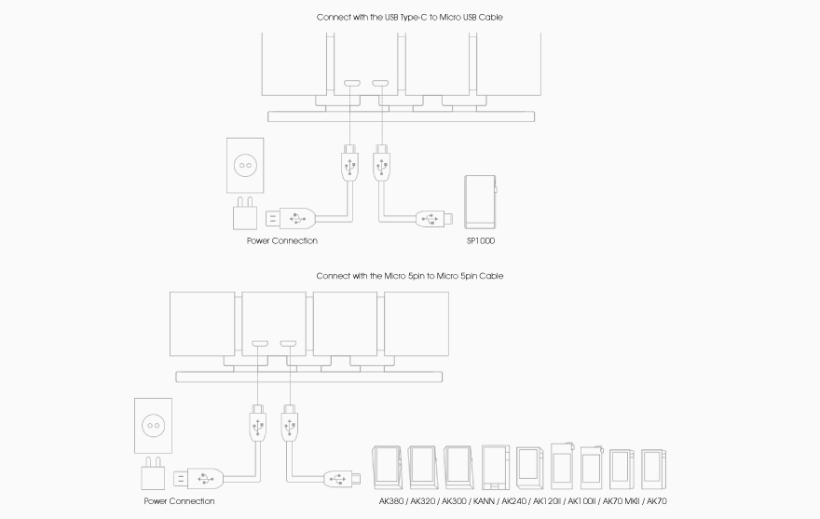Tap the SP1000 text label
pos(481,241)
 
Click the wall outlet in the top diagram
pos(247,165)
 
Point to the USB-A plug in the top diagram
pos(291,219)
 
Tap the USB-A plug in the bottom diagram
pos(199,479)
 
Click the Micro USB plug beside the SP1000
pos(431,220)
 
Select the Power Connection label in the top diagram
pos(281,241)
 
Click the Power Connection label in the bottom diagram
pos(179,501)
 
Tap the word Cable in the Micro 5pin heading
pos(490,276)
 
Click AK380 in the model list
pos(392,501)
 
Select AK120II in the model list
pos(548,501)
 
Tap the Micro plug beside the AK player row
pos(339,480)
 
